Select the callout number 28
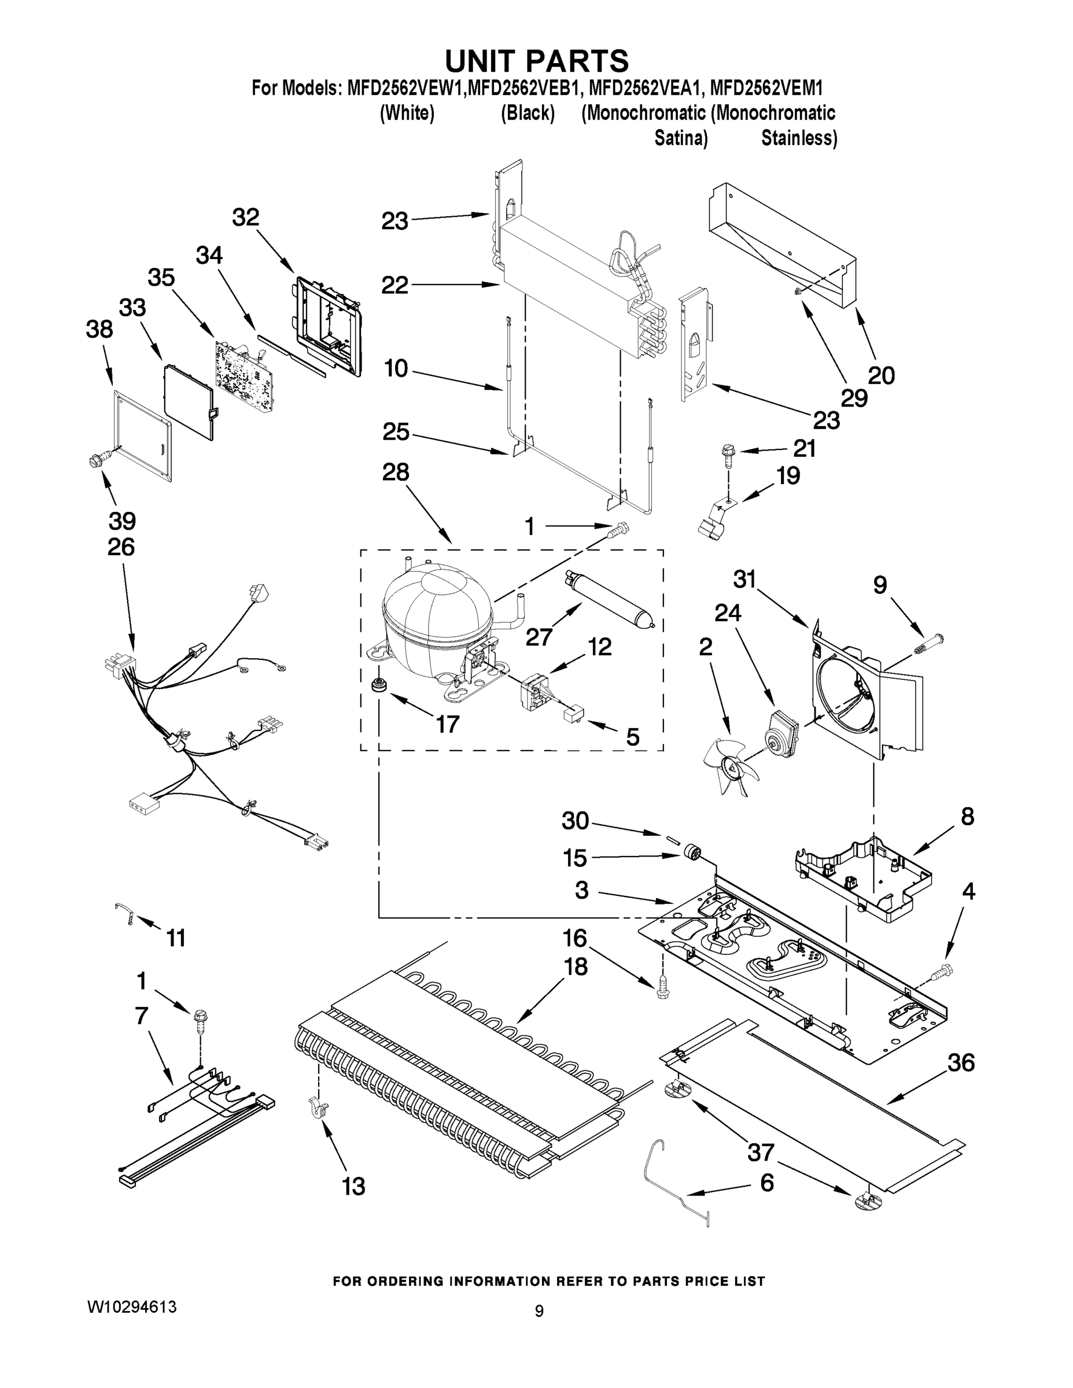click(396, 472)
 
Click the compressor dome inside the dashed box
click(437, 613)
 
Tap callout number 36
click(960, 1062)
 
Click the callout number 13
click(353, 1187)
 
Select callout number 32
click(245, 217)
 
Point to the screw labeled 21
click(727, 452)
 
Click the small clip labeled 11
click(124, 913)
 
